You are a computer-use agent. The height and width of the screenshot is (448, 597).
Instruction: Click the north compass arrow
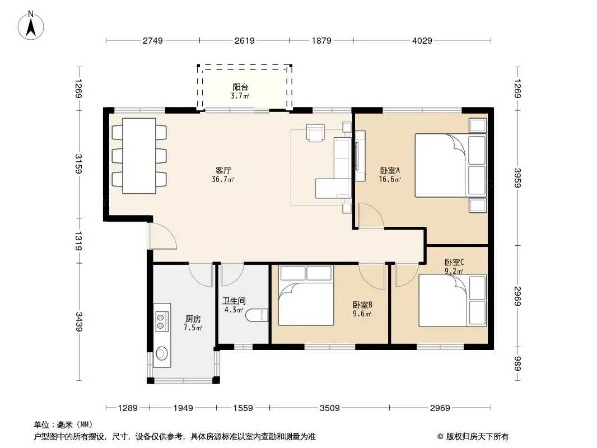coord(31,28)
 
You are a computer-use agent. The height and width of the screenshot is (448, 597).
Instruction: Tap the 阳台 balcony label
coord(240,87)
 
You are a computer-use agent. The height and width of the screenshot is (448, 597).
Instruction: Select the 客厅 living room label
coord(223,170)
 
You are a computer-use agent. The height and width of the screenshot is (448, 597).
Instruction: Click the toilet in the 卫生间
coord(257,315)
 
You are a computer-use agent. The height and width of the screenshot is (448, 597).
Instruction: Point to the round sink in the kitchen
coord(162,353)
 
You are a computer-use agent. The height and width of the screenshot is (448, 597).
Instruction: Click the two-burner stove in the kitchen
coord(161,321)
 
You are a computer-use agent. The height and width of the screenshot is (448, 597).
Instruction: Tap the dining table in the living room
coord(139,156)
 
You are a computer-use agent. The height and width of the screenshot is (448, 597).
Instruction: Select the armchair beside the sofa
coord(316,133)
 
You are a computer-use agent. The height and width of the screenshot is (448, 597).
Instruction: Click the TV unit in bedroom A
coord(360,156)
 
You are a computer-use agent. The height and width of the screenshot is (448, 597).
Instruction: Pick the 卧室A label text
coord(390,170)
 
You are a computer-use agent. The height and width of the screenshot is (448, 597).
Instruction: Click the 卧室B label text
coord(362,305)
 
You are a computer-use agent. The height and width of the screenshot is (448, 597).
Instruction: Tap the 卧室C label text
coord(454,262)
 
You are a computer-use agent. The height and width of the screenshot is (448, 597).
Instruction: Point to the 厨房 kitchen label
coord(193,319)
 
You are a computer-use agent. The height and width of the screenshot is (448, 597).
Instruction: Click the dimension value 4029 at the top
coord(422,40)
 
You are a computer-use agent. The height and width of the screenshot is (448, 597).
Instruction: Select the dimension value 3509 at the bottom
coord(330,408)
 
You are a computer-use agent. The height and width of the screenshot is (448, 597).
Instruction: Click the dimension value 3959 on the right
coord(517,178)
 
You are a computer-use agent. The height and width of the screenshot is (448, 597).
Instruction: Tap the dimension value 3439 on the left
coord(79,321)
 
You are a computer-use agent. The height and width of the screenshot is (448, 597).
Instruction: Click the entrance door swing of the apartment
coord(163,237)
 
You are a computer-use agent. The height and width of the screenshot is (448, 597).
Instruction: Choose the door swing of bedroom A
coord(371,216)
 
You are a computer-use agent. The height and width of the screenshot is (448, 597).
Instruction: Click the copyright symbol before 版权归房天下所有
coord(440,437)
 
